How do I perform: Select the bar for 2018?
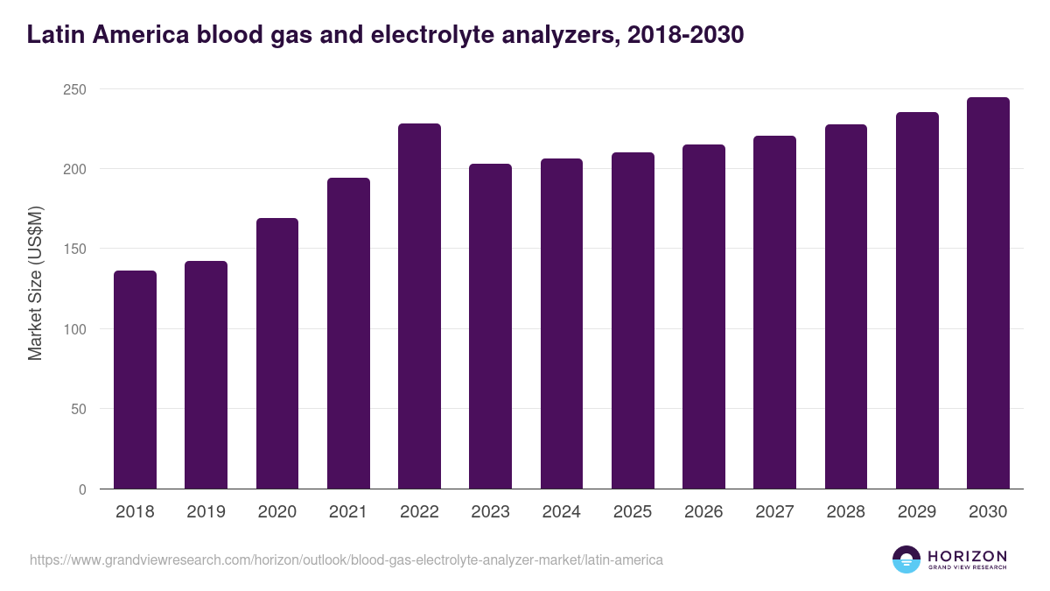tap(135, 380)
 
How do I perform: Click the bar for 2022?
tap(419, 306)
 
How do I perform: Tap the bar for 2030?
tap(988, 293)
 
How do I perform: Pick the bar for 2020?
tap(277, 354)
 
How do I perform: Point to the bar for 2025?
tap(633, 320)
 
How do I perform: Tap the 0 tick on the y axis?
tap(82, 489)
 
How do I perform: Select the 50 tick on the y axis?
tap(78, 409)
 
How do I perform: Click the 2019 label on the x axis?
tap(206, 512)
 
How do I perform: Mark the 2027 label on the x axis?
tap(774, 512)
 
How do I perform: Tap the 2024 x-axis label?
tap(561, 512)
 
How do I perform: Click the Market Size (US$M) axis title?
tap(35, 282)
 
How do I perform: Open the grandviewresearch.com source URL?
tap(346, 559)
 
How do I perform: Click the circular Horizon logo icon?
tap(906, 559)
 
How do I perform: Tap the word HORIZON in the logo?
tap(967, 556)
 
